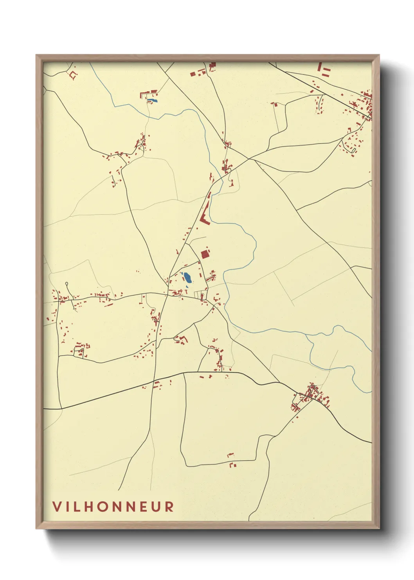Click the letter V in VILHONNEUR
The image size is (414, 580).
[57, 506]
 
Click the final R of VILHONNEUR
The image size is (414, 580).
[169, 506]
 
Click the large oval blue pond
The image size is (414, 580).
[188, 278]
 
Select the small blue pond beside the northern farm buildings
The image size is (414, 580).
[154, 101]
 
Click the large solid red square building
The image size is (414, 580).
[205, 254]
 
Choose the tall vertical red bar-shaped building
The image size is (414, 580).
[319, 67]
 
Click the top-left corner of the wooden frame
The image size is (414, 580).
[36, 55]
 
